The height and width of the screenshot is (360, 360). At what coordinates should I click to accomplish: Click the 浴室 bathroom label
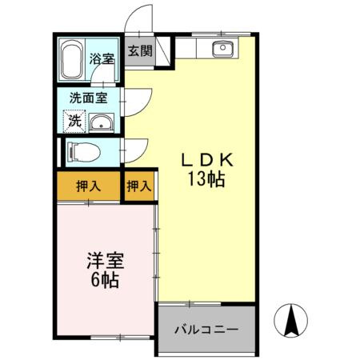(101, 58)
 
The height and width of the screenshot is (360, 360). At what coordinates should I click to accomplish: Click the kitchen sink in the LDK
(221, 50)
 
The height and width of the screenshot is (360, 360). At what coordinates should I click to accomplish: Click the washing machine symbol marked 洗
(74, 122)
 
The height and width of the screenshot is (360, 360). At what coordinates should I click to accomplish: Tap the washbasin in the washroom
(100, 123)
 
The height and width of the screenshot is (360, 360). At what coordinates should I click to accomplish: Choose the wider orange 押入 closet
(88, 187)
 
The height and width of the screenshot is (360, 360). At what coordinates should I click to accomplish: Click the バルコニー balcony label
(206, 329)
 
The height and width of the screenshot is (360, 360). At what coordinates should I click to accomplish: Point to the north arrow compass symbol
(291, 322)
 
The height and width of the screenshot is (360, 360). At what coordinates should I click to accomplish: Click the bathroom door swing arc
(103, 77)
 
